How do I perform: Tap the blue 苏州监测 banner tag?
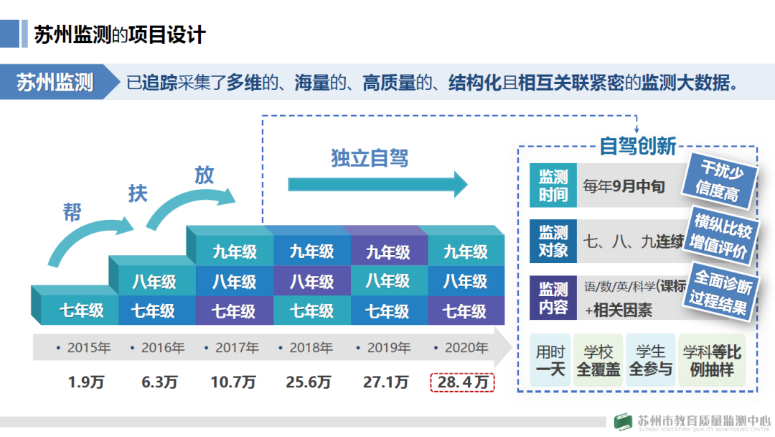point(56,82)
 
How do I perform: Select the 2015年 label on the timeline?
point(84,348)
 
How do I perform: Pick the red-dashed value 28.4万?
point(462,382)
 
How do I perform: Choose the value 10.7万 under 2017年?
point(233,382)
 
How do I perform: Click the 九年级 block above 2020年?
point(465,252)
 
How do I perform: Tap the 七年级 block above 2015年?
point(81,310)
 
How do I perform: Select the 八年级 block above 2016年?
point(154,281)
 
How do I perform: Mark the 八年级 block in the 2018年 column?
point(311,281)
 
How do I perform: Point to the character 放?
point(204,175)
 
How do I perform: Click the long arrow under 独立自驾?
point(377,184)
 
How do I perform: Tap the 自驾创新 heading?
point(637,147)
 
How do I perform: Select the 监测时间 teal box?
point(553,186)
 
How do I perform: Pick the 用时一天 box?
point(550,360)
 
